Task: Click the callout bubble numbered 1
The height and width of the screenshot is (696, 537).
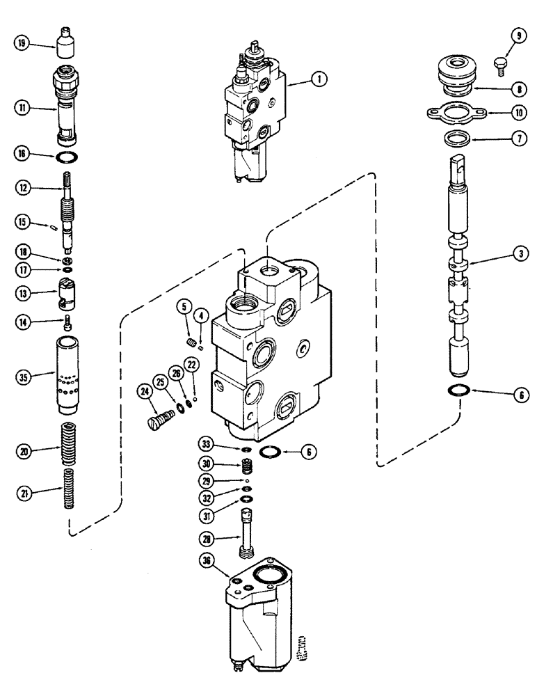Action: tap(319, 80)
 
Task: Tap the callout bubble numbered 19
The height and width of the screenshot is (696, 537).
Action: tap(22, 43)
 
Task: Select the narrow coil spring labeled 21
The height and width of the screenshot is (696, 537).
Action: tap(68, 491)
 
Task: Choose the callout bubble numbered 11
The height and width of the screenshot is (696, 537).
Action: tap(22, 107)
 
